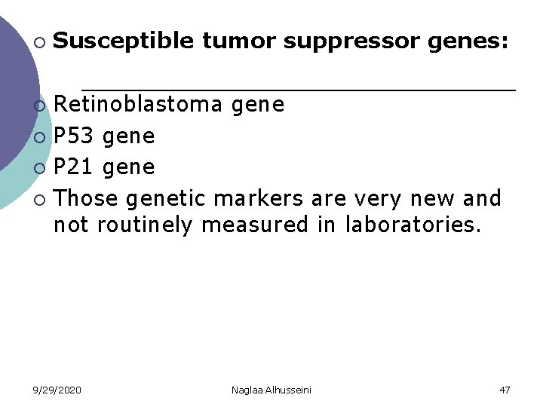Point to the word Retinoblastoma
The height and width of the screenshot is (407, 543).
(x=138, y=104)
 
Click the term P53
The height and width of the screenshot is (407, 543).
(x=74, y=136)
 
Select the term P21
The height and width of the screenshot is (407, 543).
(x=74, y=167)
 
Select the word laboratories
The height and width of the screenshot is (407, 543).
(x=413, y=225)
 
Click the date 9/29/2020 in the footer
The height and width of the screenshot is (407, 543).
(x=57, y=390)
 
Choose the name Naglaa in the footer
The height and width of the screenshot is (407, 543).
(x=248, y=390)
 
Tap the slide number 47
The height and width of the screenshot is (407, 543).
(x=505, y=390)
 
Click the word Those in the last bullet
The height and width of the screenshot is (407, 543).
(x=87, y=198)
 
